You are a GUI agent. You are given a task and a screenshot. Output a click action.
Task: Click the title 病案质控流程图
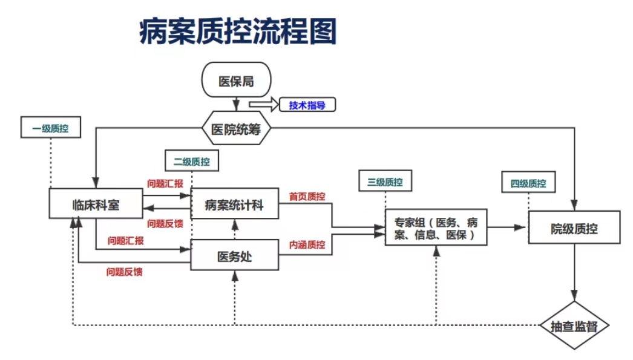coord(237,31)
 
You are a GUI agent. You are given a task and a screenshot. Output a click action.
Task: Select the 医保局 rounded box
coord(235,80)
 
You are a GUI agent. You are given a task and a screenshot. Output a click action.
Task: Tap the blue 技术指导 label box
coord(307,105)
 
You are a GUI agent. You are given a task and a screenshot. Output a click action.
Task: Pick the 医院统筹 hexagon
coord(235,129)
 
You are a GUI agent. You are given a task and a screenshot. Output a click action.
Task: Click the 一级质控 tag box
coord(50,128)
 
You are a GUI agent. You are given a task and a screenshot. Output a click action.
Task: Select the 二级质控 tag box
coord(191,162)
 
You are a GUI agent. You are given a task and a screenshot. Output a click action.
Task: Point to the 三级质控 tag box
coord(385,182)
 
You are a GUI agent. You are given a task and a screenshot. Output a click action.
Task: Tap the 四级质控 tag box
coord(528,183)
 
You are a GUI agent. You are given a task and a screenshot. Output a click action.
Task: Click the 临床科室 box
coord(96,205)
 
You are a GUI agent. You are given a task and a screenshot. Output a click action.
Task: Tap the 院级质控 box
coord(574,228)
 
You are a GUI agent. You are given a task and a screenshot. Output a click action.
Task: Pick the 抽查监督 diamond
coord(574,326)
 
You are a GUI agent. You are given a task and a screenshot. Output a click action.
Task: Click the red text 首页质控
coord(307,197)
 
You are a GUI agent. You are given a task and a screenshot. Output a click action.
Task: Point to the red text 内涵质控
coord(307,244)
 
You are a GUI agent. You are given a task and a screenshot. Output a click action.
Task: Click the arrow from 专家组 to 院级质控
coord(507,227)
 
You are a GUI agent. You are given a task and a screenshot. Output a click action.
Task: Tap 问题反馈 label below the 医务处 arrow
coord(125,272)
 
